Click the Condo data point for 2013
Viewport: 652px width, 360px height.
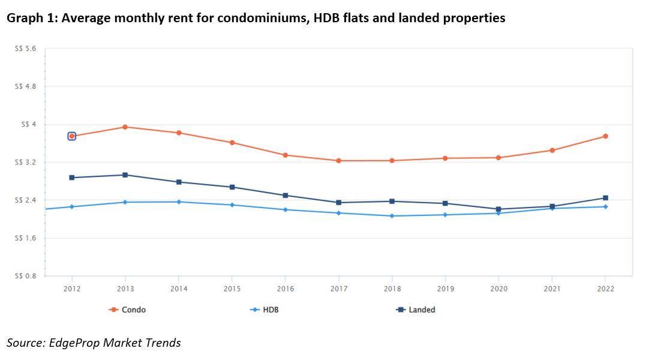pyautogui.click(x=125, y=127)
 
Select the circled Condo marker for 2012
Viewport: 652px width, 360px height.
pyautogui.click(x=72, y=136)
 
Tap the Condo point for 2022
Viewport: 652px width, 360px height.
pyautogui.click(x=605, y=136)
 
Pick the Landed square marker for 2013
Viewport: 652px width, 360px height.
pyautogui.click(x=125, y=175)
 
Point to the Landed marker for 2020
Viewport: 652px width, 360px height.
pyautogui.click(x=498, y=209)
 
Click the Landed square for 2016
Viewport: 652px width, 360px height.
pyautogui.click(x=286, y=196)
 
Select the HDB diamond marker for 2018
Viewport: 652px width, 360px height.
pyautogui.click(x=392, y=216)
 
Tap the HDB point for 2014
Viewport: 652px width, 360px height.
pyautogui.click(x=179, y=202)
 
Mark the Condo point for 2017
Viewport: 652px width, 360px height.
pyautogui.click(x=339, y=161)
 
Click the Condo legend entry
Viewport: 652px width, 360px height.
pyautogui.click(x=128, y=310)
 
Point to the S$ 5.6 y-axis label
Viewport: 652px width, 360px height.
pyautogui.click(x=25, y=49)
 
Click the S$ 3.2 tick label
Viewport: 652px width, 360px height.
pyautogui.click(x=25, y=163)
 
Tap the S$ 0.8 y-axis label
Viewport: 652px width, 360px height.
pyautogui.click(x=25, y=276)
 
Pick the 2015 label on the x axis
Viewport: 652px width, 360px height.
pyautogui.click(x=232, y=289)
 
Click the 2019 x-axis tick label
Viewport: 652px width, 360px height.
pyautogui.click(x=445, y=289)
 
